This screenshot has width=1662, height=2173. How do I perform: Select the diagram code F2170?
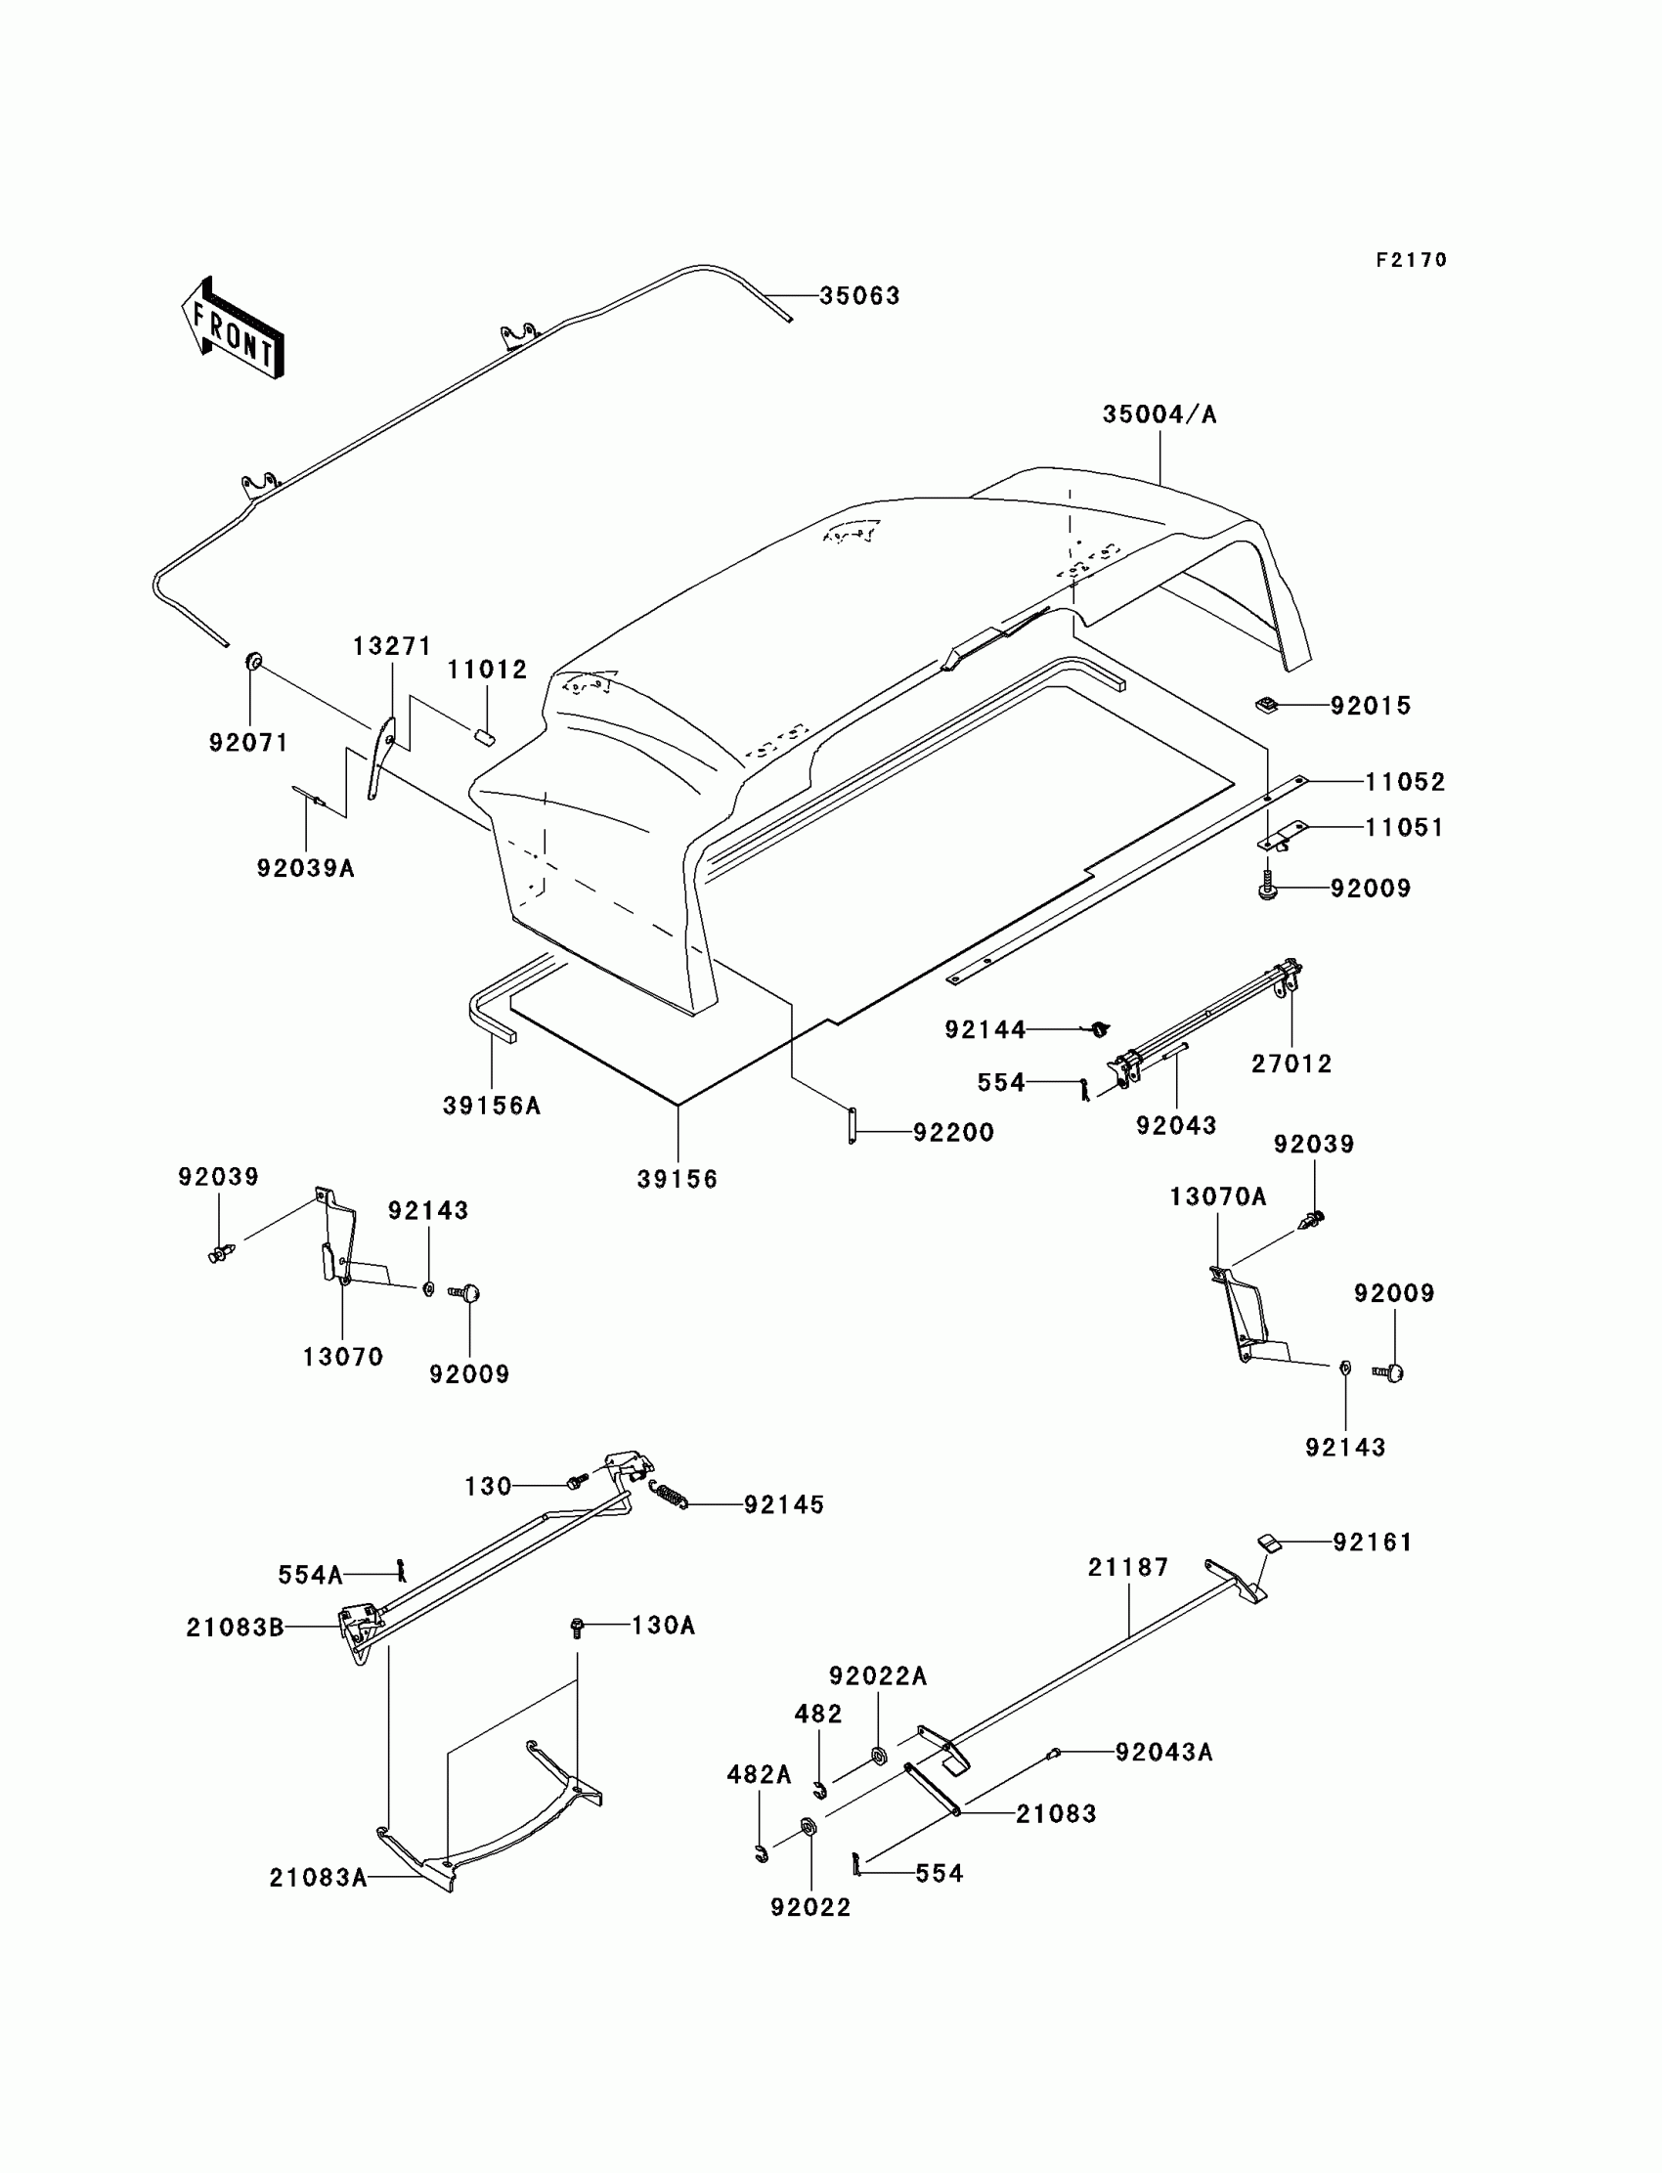click(x=1411, y=260)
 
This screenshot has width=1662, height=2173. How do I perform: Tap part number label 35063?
click(x=859, y=296)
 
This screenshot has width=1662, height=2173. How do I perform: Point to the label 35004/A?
click(x=1159, y=414)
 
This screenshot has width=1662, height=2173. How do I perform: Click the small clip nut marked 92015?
click(x=1265, y=705)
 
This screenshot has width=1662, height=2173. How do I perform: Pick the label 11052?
click(x=1405, y=781)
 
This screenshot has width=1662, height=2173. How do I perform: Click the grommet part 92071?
click(x=252, y=660)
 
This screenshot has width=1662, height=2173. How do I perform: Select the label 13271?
click(x=393, y=646)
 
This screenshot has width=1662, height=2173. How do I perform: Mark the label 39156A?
click(x=492, y=1106)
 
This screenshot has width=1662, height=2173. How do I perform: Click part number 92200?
click(x=953, y=1132)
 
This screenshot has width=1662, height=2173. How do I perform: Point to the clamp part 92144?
click(x=1099, y=1029)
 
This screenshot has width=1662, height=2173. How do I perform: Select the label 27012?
click(x=1291, y=1064)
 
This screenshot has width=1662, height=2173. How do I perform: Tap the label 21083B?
click(x=235, y=1627)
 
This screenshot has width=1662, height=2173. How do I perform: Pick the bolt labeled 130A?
click(x=578, y=1626)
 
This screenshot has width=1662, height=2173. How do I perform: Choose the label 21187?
click(x=1128, y=1567)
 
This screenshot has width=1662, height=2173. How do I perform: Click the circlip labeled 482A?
click(x=760, y=1853)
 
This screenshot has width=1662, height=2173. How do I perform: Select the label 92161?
click(x=1373, y=1541)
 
